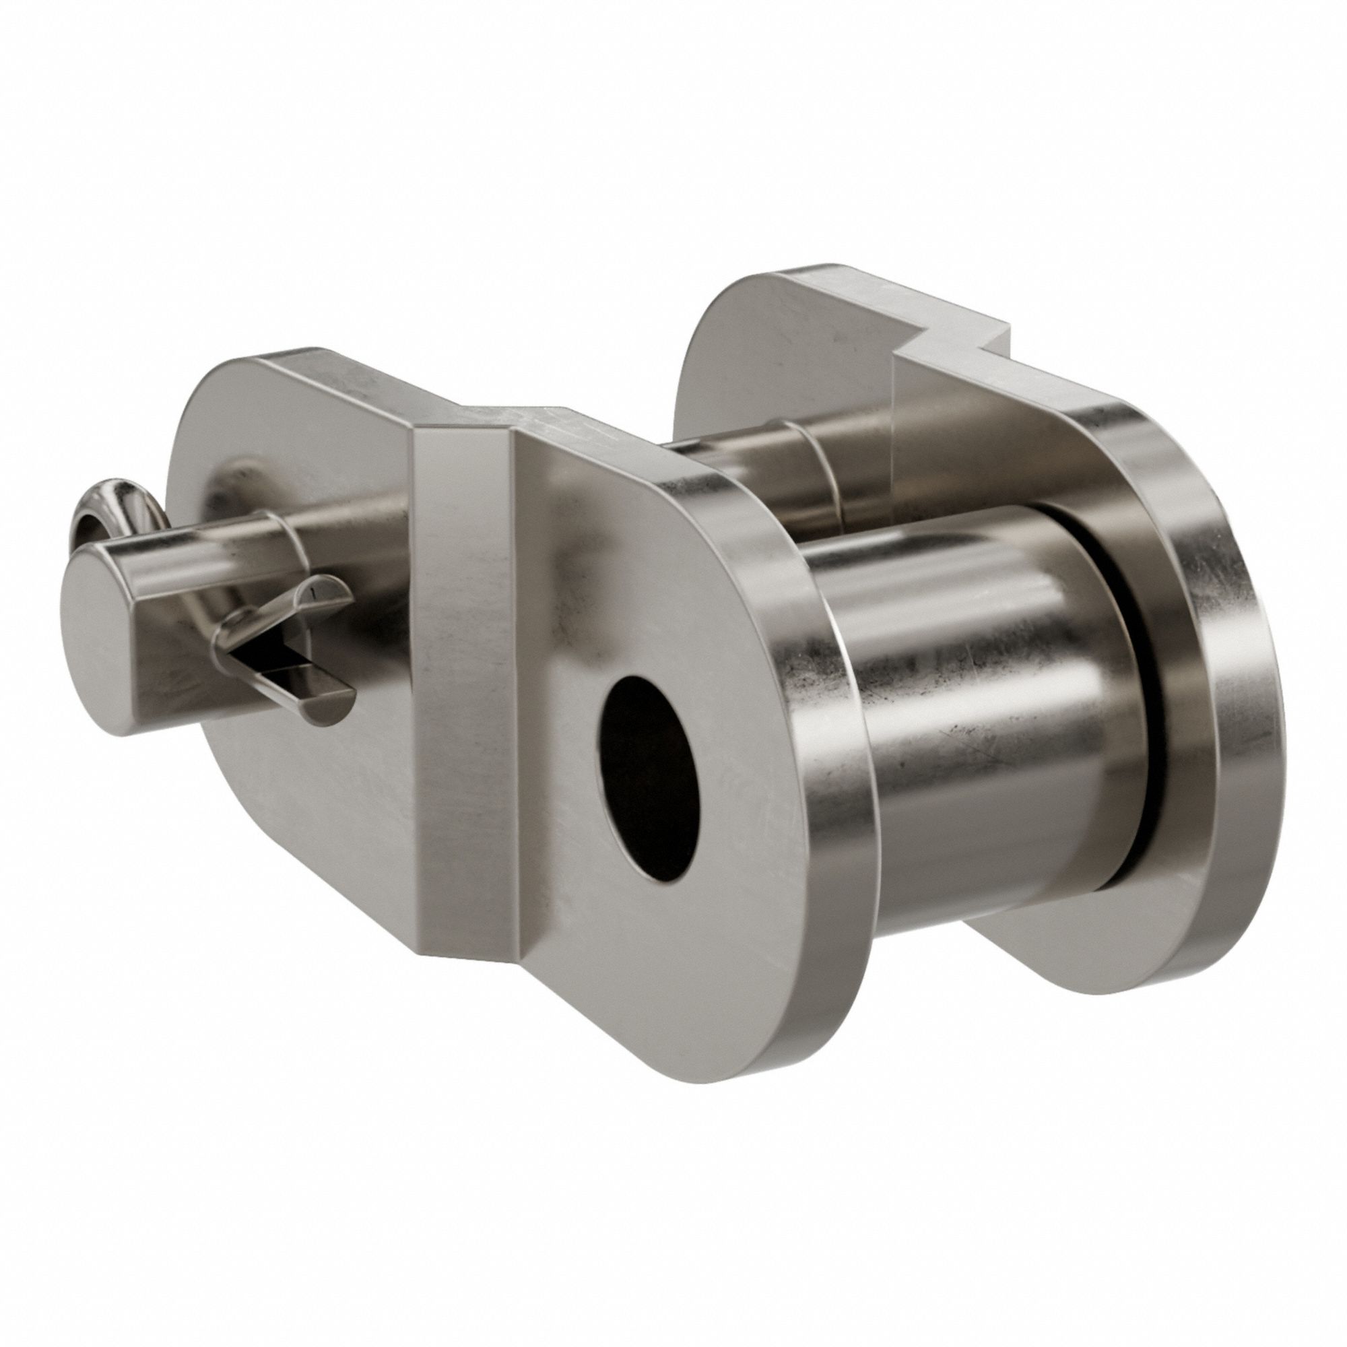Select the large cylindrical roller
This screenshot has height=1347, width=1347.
(976, 732)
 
